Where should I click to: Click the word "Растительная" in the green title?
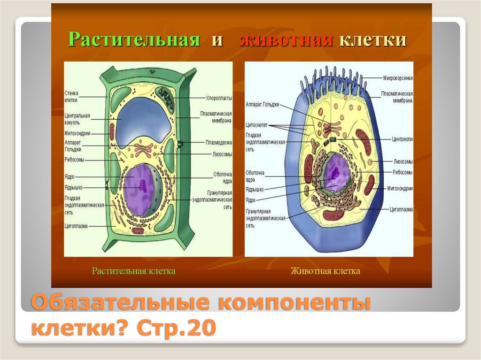coord(134,39)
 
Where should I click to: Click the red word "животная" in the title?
coord(286,40)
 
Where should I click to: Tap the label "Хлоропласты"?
coord(219,98)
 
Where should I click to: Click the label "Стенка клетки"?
coord(71,97)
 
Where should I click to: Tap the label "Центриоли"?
coord(403,139)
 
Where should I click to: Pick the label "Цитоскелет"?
coord(256,126)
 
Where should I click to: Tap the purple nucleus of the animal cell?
coord(337,172)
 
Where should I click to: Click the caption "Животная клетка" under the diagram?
coord(326,271)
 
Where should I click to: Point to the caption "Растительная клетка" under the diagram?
coord(133,271)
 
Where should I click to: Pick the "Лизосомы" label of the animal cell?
coord(403,161)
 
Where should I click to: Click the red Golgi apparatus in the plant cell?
coord(142,150)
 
